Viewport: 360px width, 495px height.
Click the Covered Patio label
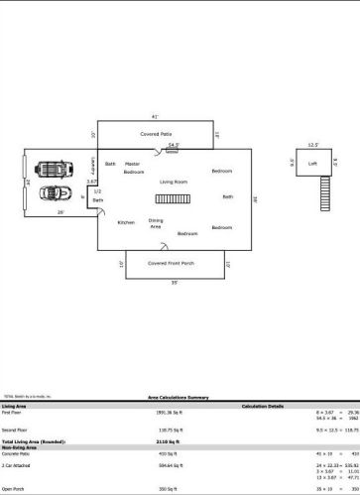coord(157,132)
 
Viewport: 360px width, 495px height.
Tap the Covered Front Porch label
coord(171,263)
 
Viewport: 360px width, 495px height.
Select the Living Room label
coord(174,183)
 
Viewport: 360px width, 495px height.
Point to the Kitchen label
coord(126,222)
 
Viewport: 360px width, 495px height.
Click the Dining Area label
coord(156,223)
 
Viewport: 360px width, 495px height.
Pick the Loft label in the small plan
coord(312,164)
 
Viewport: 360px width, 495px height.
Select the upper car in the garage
coord(50,169)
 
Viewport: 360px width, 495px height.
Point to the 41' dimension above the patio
coord(155,116)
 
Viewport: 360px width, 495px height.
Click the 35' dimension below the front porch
coord(175,283)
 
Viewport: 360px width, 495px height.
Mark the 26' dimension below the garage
coord(60,211)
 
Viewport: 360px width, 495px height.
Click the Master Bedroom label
coord(133,168)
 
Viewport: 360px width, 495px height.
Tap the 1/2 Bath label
coord(97,195)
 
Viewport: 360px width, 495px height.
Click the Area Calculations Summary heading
coord(180,396)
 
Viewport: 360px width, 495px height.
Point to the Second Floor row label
coord(14,429)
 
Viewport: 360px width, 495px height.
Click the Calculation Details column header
coord(262,406)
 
